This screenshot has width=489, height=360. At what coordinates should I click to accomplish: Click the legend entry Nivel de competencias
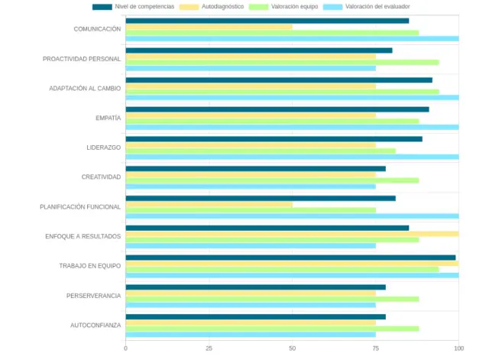[x=144, y=6]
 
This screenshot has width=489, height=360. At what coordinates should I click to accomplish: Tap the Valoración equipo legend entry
[x=294, y=6]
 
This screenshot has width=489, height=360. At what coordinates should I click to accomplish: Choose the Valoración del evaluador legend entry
[x=376, y=6]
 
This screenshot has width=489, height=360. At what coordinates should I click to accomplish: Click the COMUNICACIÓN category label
[x=97, y=29]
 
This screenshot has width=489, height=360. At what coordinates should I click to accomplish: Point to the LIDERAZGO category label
[x=104, y=148]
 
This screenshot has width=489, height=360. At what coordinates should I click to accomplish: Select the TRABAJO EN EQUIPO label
[x=90, y=266]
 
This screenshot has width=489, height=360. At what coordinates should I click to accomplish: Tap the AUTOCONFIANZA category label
[x=96, y=325]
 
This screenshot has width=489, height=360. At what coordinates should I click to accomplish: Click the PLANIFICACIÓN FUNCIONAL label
[x=80, y=206]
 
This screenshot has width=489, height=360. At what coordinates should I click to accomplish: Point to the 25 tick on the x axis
[x=209, y=349]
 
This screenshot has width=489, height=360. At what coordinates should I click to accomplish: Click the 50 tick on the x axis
[x=293, y=349]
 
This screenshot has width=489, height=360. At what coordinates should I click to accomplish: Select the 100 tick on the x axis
[x=458, y=349]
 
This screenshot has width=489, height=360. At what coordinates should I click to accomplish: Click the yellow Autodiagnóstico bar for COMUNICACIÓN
[x=209, y=27]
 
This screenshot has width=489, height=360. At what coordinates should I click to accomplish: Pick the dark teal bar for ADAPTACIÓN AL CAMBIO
[x=279, y=80]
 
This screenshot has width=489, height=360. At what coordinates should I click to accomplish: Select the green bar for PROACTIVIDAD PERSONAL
[x=282, y=62]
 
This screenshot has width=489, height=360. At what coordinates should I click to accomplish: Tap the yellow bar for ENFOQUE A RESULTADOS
[x=292, y=234]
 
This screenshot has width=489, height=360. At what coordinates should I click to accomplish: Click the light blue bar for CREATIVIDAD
[x=251, y=186]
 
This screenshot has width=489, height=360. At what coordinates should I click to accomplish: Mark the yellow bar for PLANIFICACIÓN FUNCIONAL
[x=209, y=204]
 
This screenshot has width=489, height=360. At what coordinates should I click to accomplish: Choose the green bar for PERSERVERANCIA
[x=272, y=299]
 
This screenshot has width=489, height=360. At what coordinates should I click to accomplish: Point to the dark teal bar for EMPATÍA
[x=277, y=109]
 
